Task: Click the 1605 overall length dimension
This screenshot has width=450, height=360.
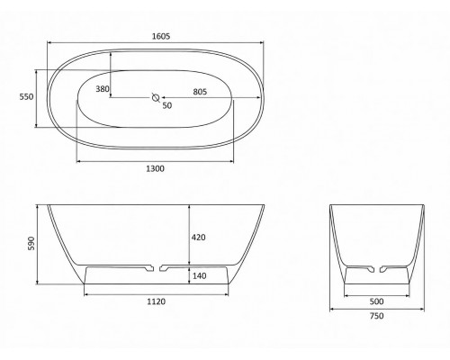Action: (161, 36)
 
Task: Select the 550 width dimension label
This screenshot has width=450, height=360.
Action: (26, 97)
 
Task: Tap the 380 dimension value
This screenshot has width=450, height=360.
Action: (103, 89)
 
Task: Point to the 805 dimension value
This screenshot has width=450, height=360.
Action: (200, 92)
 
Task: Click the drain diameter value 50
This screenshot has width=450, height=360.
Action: (167, 105)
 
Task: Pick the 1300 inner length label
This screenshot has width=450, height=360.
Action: (155, 169)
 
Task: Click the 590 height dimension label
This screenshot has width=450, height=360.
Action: (31, 243)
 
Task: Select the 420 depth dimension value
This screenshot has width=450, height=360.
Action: (199, 238)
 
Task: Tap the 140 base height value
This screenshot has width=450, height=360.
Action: (199, 276)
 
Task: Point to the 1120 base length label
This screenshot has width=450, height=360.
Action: (156, 301)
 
